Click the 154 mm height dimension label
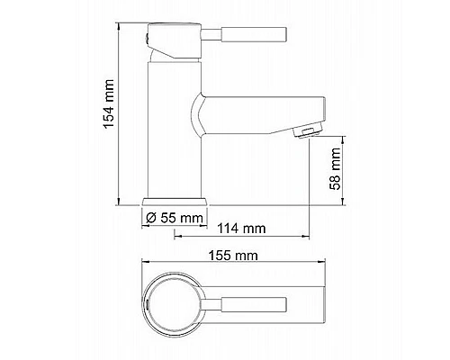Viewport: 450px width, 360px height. pos(108,108)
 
